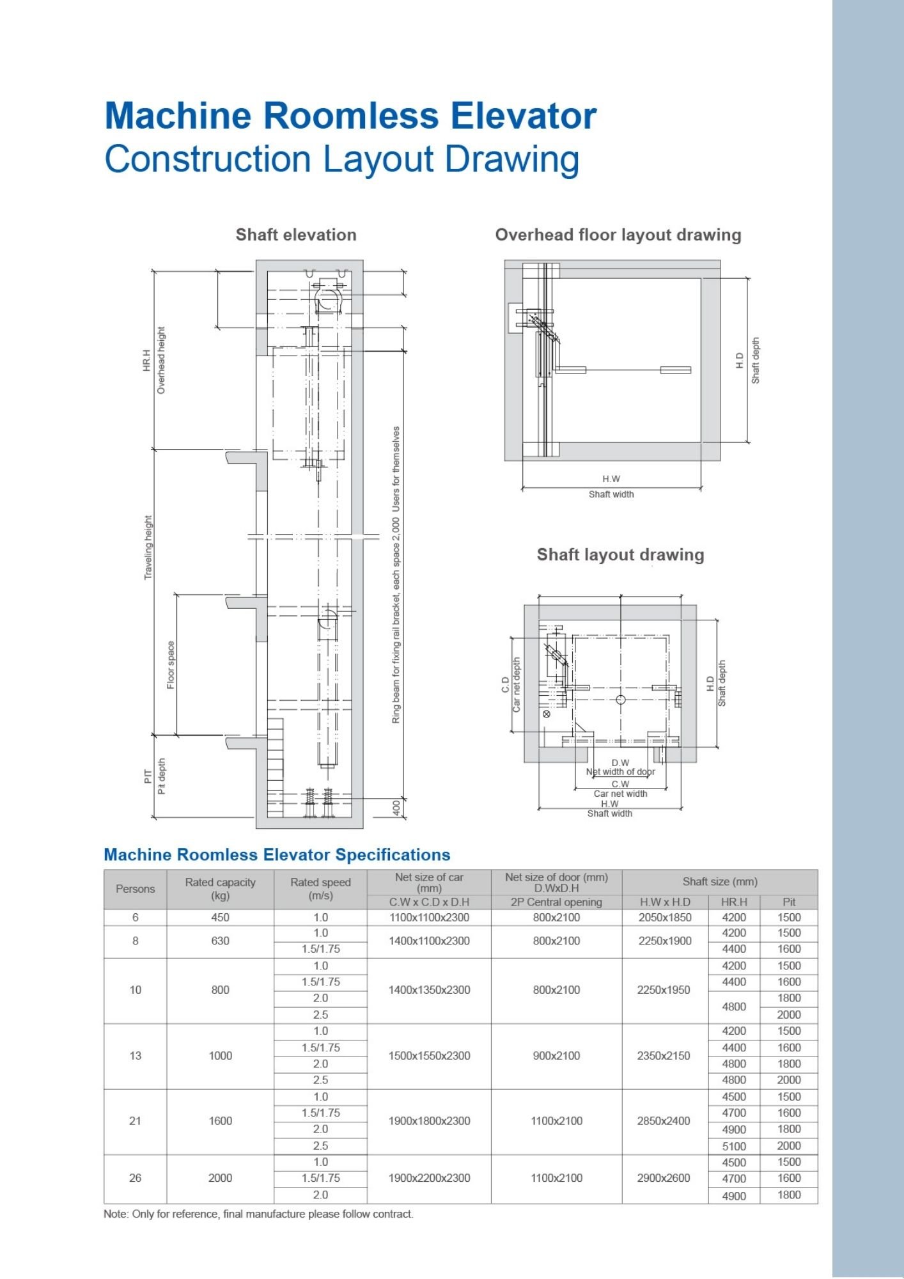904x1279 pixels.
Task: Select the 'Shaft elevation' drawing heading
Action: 296,235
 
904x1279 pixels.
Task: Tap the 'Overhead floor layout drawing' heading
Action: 618,235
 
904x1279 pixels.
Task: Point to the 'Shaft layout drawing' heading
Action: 620,554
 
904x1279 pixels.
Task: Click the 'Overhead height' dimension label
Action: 161,360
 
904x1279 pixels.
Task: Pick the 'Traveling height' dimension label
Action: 148,547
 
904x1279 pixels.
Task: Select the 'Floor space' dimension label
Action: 171,665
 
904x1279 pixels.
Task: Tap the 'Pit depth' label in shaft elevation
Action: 162,776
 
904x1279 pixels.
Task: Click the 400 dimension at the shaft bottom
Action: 396,808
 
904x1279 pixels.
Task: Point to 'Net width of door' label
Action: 620,772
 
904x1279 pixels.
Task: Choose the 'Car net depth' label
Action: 517,684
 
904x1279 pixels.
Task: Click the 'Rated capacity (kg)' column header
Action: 220,889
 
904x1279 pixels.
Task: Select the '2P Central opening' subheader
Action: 556,902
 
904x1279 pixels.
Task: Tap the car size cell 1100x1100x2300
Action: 429,918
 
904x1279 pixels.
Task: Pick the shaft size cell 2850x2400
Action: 664,1121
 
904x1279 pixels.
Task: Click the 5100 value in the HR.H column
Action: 734,1146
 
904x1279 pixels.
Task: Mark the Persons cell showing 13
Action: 135,1056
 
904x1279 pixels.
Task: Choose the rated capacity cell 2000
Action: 220,1178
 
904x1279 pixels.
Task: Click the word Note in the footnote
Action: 115,1214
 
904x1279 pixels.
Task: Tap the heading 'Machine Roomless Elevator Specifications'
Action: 277,855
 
